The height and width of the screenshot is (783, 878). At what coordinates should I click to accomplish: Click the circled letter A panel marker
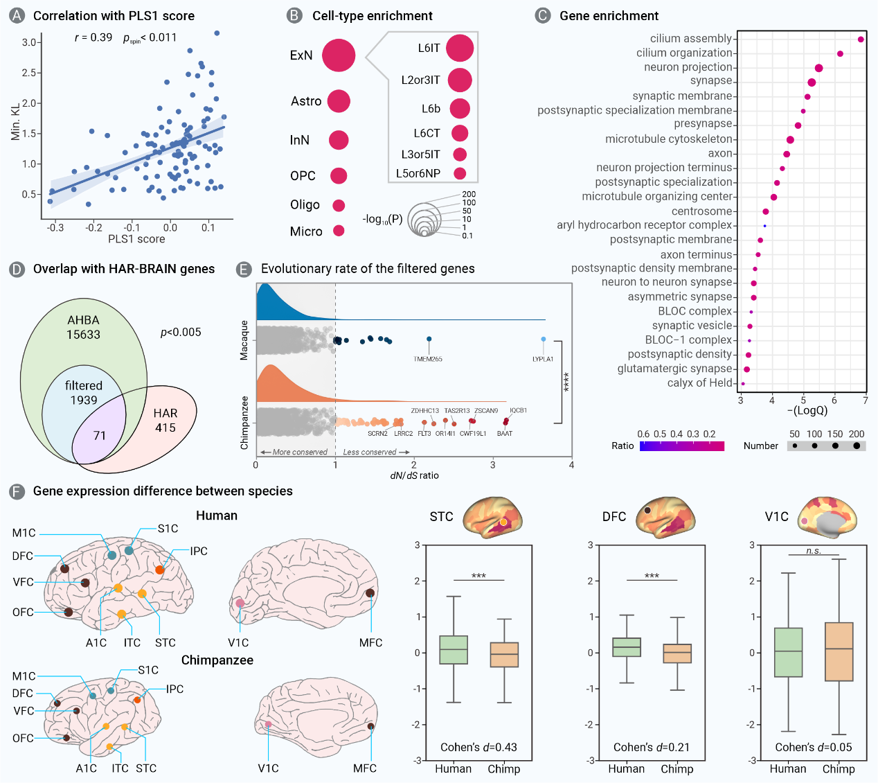click(x=17, y=15)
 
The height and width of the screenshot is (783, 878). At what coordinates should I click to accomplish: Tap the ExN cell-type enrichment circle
click(x=338, y=55)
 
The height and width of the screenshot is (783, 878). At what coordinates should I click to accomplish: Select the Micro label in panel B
click(x=306, y=231)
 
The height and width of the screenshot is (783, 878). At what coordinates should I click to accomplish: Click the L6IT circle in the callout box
click(x=460, y=48)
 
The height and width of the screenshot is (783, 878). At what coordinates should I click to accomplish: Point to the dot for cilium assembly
click(x=861, y=39)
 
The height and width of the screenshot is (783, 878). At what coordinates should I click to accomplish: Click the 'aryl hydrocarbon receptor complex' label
click(x=644, y=225)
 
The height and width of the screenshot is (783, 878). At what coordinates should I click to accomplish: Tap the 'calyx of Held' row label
click(x=699, y=383)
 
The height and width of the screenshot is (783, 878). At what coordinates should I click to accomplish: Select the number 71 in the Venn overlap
click(x=100, y=436)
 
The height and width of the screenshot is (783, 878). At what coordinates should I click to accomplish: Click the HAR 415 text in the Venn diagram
click(x=165, y=421)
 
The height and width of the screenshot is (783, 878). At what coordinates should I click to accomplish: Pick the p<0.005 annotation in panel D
click(x=181, y=333)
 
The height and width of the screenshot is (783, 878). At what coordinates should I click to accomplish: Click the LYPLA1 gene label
click(x=543, y=359)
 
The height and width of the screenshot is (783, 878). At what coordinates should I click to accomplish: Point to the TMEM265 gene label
click(x=428, y=359)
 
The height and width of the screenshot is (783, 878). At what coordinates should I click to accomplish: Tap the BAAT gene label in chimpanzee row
click(x=505, y=434)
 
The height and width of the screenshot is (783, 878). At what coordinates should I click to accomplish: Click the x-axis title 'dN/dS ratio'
click(x=414, y=475)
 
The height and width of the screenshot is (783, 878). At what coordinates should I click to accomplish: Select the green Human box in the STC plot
click(x=454, y=650)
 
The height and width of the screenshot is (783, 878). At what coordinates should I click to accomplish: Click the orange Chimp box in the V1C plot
click(x=839, y=651)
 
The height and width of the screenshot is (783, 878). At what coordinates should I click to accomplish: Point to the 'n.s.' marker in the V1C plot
click(x=814, y=551)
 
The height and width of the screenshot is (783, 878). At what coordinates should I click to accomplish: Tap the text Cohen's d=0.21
click(x=652, y=747)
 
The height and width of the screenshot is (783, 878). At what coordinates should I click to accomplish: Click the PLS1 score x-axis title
click(x=136, y=239)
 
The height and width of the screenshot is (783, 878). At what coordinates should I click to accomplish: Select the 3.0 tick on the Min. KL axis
click(x=29, y=42)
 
